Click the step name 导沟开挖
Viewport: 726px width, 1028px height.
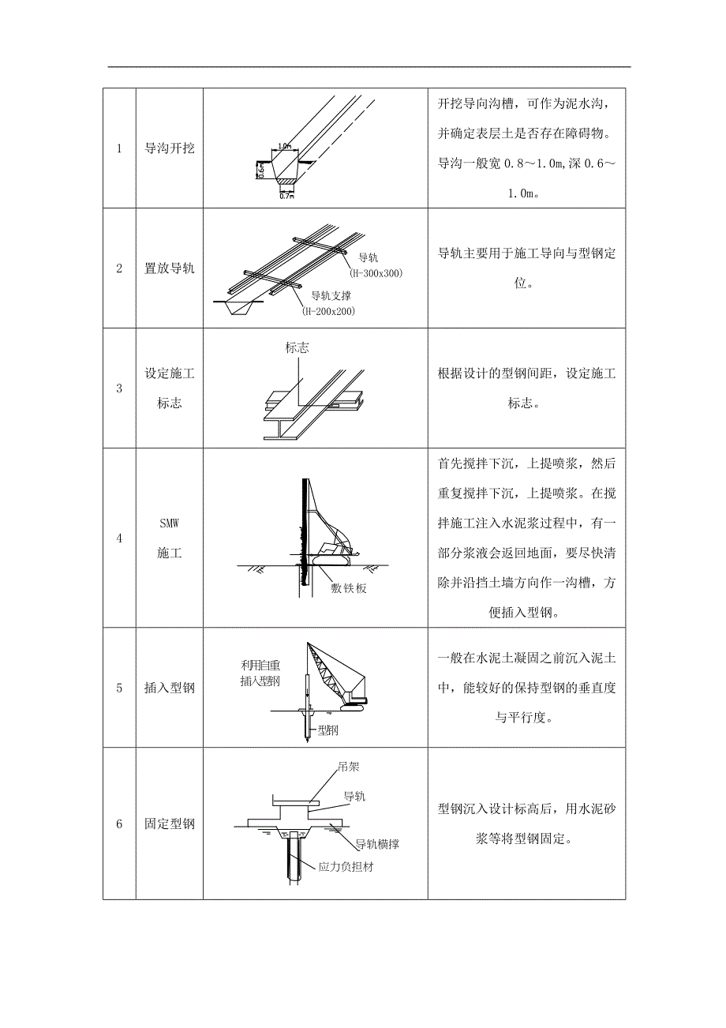(x=170, y=148)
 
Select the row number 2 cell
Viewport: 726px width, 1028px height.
(x=119, y=268)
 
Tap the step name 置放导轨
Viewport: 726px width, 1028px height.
(x=170, y=268)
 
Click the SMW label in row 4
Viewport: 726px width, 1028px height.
(x=170, y=523)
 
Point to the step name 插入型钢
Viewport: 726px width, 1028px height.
(x=170, y=688)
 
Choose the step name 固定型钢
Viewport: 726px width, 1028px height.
(x=170, y=824)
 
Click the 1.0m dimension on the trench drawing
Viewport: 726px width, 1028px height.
(x=285, y=146)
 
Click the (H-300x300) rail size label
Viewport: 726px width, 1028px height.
(x=376, y=273)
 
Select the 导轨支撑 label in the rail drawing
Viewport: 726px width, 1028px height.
(x=331, y=296)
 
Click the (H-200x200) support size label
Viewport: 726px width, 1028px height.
(x=328, y=311)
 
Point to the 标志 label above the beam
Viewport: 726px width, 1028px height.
(x=298, y=347)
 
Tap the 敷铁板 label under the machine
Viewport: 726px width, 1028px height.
(x=349, y=588)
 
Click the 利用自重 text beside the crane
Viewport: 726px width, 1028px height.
(x=260, y=664)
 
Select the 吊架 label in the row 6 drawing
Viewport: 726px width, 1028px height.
(x=348, y=767)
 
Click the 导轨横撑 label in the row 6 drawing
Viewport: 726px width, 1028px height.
(x=376, y=844)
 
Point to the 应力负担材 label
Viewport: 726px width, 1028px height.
(x=346, y=867)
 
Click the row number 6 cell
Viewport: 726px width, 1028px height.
(x=119, y=824)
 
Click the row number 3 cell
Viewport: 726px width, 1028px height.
(x=119, y=388)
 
